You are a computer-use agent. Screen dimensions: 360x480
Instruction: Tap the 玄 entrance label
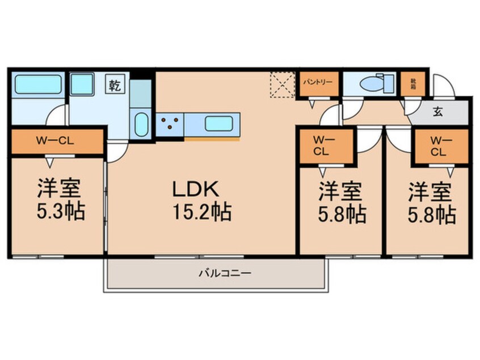[x=441, y=111]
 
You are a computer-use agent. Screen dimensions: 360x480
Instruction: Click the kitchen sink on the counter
[x=221, y=123]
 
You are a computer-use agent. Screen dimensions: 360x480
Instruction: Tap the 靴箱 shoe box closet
[x=412, y=82]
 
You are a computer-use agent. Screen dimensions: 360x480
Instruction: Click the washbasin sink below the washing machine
[x=141, y=122]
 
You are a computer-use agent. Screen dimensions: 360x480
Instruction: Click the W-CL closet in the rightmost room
[x=440, y=146]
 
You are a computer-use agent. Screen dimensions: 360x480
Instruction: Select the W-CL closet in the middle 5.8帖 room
[x=326, y=146]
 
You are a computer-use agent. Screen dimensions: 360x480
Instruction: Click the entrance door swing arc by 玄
[x=443, y=85]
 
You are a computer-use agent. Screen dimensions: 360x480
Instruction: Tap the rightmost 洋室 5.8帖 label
[x=431, y=203]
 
